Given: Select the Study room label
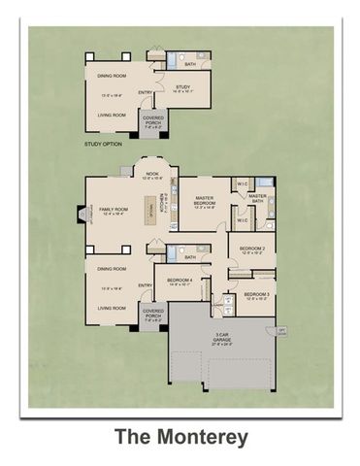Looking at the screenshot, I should pos(182,86).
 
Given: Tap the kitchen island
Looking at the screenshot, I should pos(152,205).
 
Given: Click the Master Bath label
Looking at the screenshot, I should pos(257,198).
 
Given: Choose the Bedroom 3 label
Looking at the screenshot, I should pos(256,294).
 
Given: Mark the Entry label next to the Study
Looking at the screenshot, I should pos(146,93).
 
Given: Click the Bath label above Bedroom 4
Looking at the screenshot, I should pos(190,257).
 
